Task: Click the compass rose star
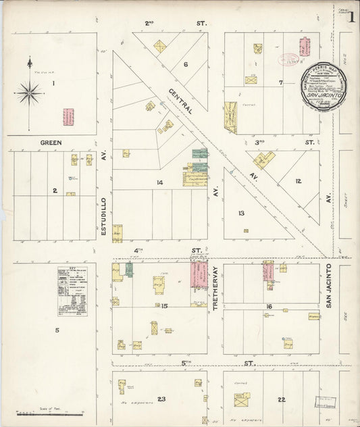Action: pos(30,92)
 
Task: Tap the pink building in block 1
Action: pos(68,117)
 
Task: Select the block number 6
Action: pos(185,65)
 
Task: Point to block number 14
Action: pos(159,182)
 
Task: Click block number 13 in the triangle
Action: pos(240,213)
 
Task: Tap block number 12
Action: pos(298,181)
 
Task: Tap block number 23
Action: pos(161,399)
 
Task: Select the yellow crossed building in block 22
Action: pos(241,399)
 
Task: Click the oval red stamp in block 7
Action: pos(288,59)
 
